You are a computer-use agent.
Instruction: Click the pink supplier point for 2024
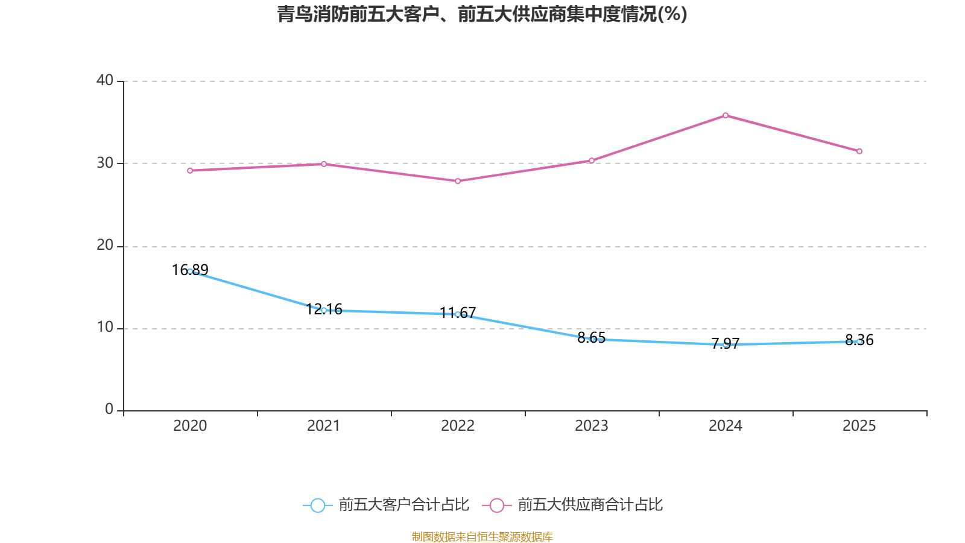726,115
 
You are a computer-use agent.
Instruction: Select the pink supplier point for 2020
190,171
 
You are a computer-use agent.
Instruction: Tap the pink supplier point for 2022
458,181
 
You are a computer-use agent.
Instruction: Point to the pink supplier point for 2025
859,151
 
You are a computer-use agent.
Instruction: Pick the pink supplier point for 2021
324,164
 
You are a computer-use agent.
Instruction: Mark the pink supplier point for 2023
592,160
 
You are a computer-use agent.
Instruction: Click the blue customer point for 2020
190,271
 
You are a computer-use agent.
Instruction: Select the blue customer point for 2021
324,310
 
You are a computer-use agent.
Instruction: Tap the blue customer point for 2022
458,314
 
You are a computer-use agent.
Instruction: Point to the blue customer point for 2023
592,339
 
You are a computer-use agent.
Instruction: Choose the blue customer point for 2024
726,345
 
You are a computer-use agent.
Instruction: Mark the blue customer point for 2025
859,342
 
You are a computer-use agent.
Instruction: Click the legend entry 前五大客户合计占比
386,505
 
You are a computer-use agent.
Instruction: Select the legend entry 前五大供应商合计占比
573,505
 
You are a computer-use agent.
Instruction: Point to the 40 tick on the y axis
105,80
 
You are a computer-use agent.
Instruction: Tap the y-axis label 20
105,246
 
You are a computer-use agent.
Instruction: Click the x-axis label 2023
592,426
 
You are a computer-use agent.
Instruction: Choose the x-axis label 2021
324,426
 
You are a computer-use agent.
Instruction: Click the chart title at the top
482,14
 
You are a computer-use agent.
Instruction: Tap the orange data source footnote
482,536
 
